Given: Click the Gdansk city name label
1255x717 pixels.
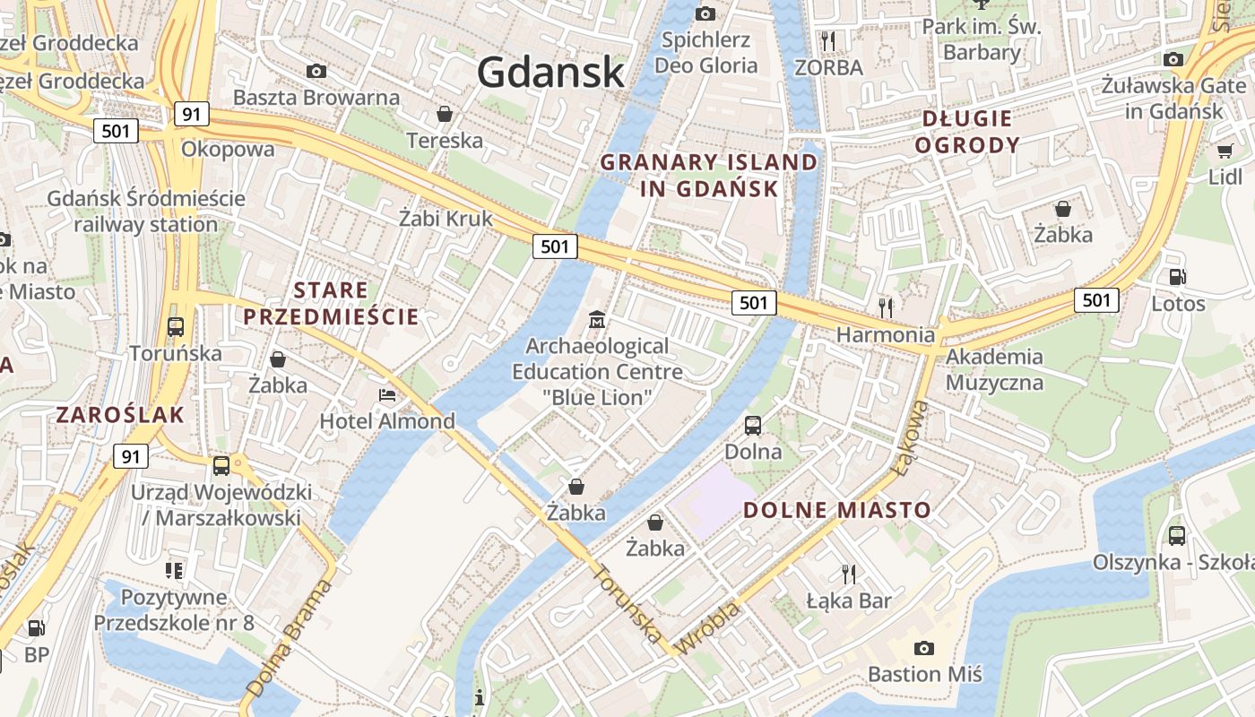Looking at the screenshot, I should (x=550, y=72).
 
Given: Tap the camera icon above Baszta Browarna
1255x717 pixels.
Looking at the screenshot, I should (x=316, y=71).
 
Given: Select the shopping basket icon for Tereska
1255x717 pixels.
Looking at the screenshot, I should (x=444, y=114).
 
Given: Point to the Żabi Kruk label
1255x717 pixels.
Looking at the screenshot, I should (x=446, y=218).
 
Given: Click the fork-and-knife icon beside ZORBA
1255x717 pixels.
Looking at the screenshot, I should (x=828, y=40).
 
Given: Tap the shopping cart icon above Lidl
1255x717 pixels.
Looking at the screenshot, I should (x=1225, y=151).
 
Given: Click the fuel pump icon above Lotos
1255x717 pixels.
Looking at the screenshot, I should (x=1178, y=277).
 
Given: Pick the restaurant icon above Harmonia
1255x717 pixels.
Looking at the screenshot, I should (x=886, y=307).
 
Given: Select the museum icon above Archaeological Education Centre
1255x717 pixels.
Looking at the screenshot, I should (x=597, y=319).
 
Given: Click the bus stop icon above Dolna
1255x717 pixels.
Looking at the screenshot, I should (x=753, y=425).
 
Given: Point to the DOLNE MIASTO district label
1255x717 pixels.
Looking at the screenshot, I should (x=837, y=510).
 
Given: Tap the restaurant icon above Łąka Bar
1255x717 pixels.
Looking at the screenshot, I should (x=848, y=574).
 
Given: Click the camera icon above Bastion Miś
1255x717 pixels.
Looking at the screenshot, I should (x=923, y=648).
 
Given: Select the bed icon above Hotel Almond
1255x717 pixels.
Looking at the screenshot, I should (x=387, y=394).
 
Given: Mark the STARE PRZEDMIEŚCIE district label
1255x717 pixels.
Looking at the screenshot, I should (x=331, y=303).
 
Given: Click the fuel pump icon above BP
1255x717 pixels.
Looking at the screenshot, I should (x=36, y=628).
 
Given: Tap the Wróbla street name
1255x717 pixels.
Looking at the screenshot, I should (x=707, y=628).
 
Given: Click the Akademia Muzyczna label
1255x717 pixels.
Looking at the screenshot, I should (x=994, y=369).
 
